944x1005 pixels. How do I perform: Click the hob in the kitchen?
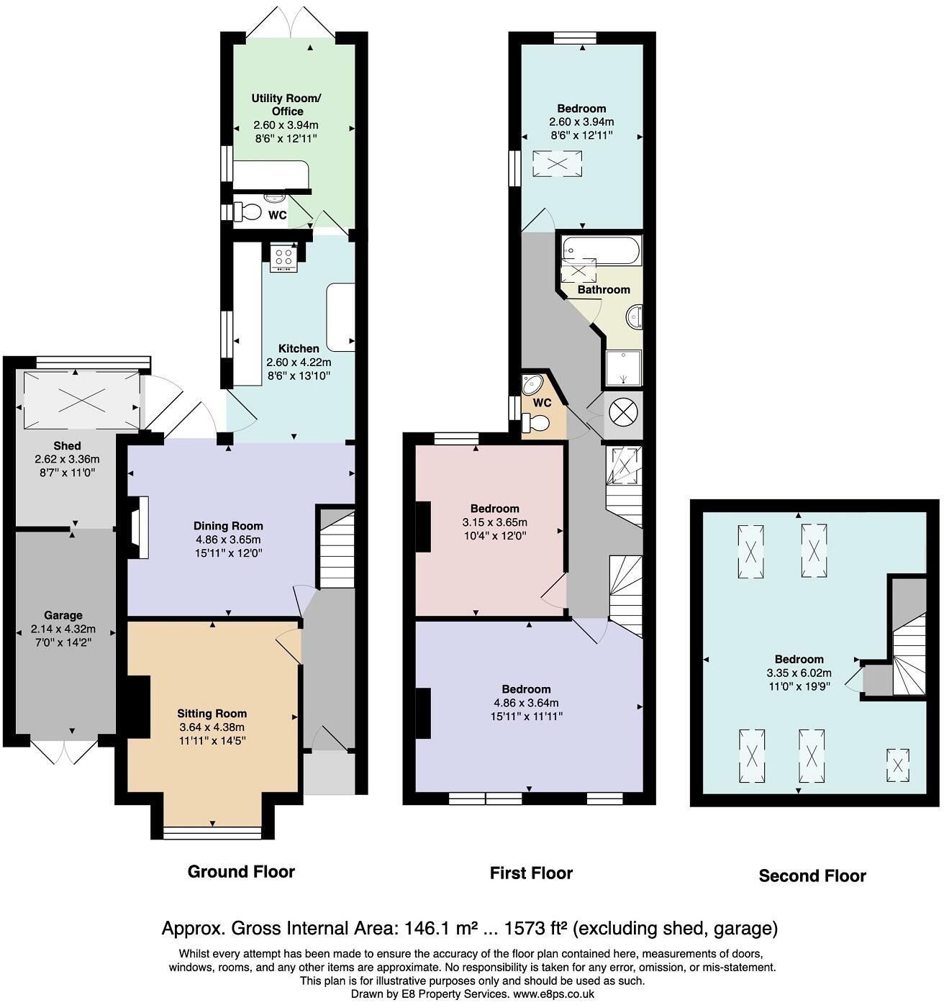tap(283, 258)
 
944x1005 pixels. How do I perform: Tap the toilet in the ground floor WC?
tap(247, 212)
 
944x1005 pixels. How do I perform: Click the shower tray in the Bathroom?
tap(624, 368)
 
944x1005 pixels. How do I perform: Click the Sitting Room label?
tap(212, 714)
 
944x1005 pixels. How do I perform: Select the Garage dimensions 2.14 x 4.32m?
tap(63, 629)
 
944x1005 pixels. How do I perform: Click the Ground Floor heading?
tap(241, 871)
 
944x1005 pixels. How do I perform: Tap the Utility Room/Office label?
tap(286, 105)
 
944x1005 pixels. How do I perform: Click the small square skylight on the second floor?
tap(897, 765)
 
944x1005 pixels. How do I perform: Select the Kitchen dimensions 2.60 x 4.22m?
tap(299, 363)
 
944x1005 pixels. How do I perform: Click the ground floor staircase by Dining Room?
tap(337, 549)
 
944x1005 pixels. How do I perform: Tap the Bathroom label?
tap(604, 289)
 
